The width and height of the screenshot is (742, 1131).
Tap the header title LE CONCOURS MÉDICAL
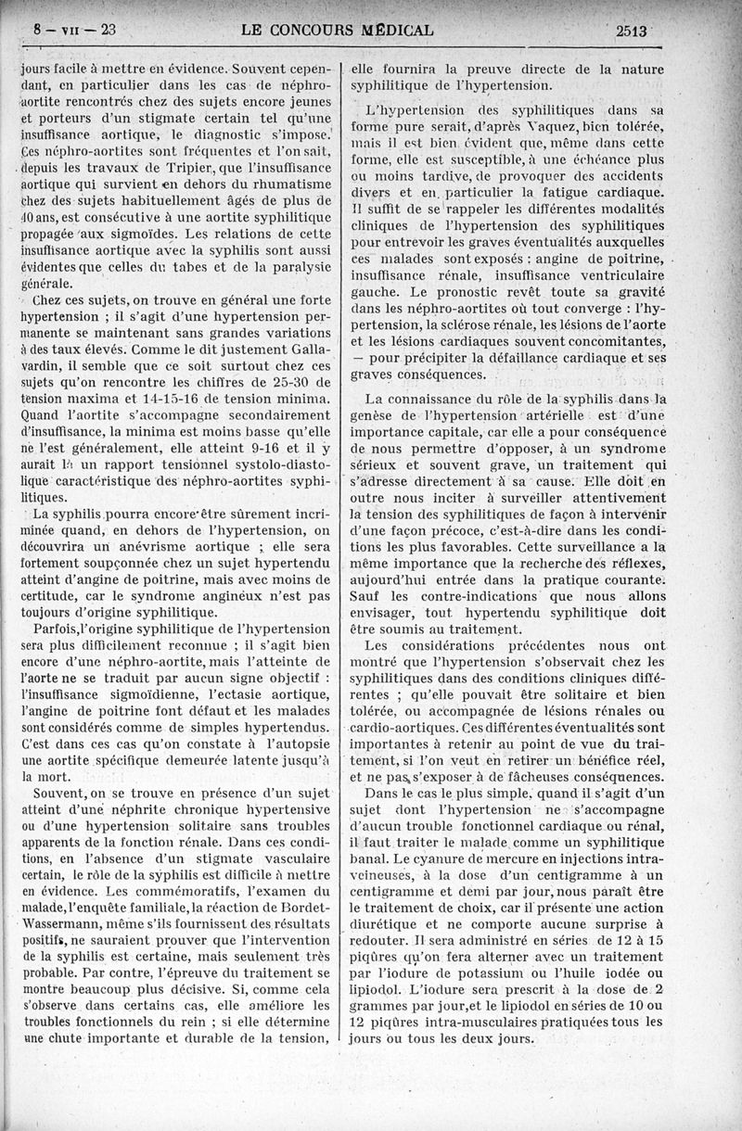[337, 29]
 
